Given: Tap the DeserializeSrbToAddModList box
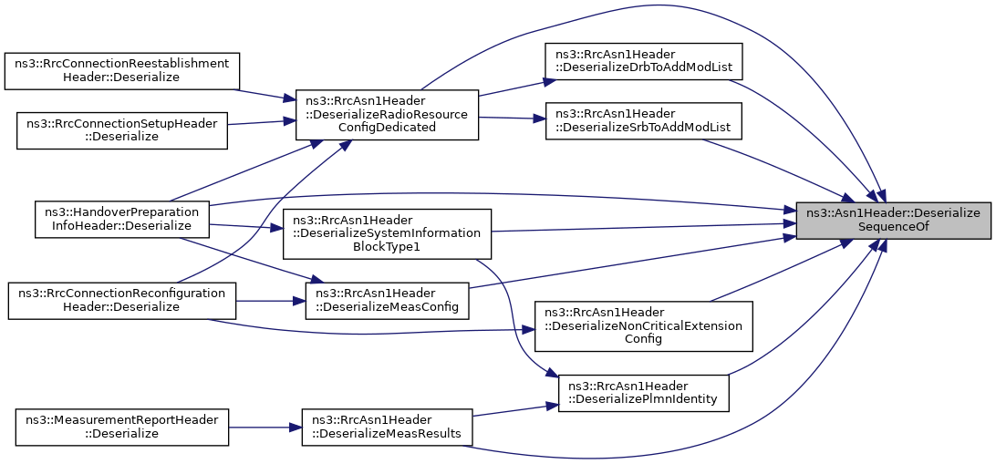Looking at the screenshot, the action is point(643,121).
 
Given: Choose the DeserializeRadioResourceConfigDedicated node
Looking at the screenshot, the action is point(387,115).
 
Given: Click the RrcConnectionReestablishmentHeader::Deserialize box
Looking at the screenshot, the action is point(122,70).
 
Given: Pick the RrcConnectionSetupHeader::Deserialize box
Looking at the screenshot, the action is point(122,130).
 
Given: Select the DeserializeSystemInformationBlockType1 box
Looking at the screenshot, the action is point(387,233).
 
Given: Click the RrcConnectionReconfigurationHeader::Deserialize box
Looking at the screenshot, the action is point(122,301).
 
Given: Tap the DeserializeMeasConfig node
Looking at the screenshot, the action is point(387,301).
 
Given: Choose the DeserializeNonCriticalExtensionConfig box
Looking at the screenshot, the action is point(643,326).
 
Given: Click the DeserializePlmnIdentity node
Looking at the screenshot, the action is point(643,393).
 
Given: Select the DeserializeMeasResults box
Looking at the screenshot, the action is point(387,428).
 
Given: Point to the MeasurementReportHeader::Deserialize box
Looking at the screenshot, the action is point(122,428).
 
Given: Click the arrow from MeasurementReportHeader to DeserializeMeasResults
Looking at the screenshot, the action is point(265,428).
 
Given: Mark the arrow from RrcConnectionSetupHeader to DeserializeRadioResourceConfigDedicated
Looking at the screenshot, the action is point(262,122).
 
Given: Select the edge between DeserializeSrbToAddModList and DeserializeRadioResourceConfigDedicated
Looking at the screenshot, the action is point(512,119).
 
